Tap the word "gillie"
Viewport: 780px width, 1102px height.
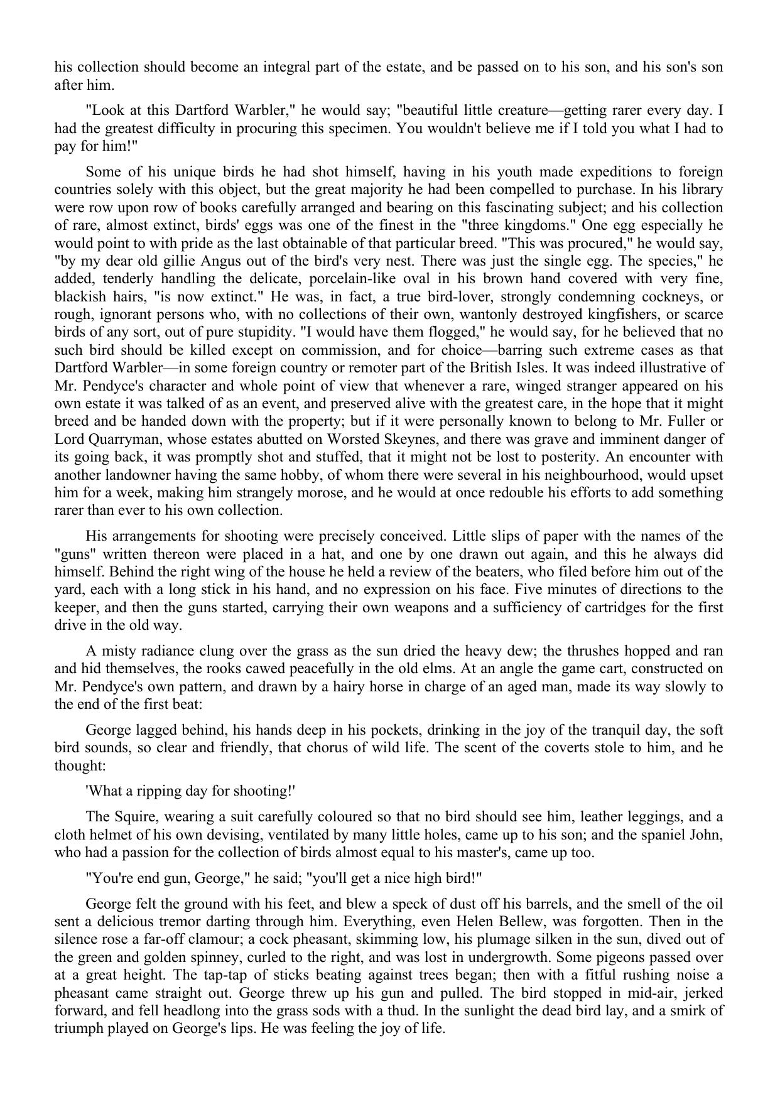[x=156, y=260]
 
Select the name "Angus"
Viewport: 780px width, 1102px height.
[x=195, y=260]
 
